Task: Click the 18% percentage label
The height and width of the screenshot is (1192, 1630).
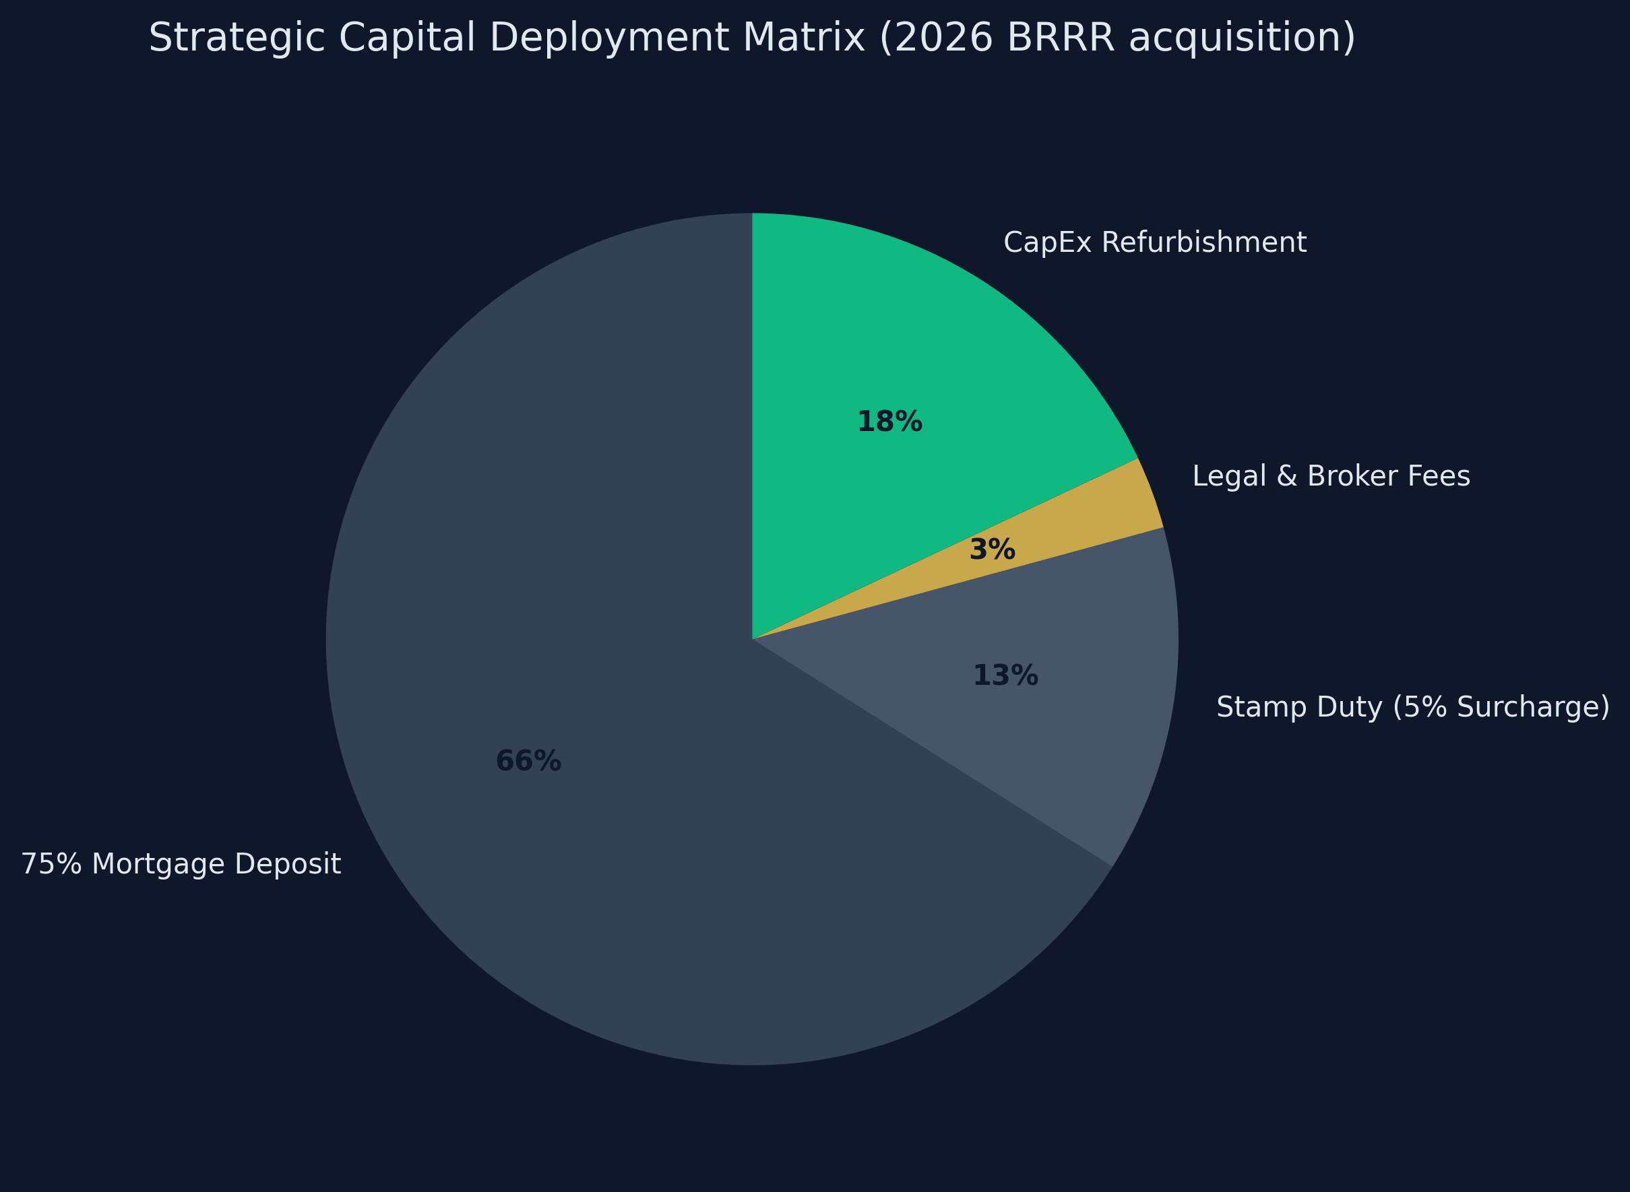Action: (x=889, y=422)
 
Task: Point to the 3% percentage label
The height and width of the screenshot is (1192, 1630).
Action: (x=992, y=550)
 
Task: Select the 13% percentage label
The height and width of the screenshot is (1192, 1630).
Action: (x=1005, y=676)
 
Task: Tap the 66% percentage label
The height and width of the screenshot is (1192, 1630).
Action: (x=528, y=761)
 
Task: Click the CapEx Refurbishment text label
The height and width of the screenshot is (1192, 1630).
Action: (x=1155, y=243)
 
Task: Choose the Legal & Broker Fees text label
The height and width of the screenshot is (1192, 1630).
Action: (x=1331, y=476)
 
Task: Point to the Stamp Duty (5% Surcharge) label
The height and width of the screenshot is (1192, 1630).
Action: (x=1413, y=707)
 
